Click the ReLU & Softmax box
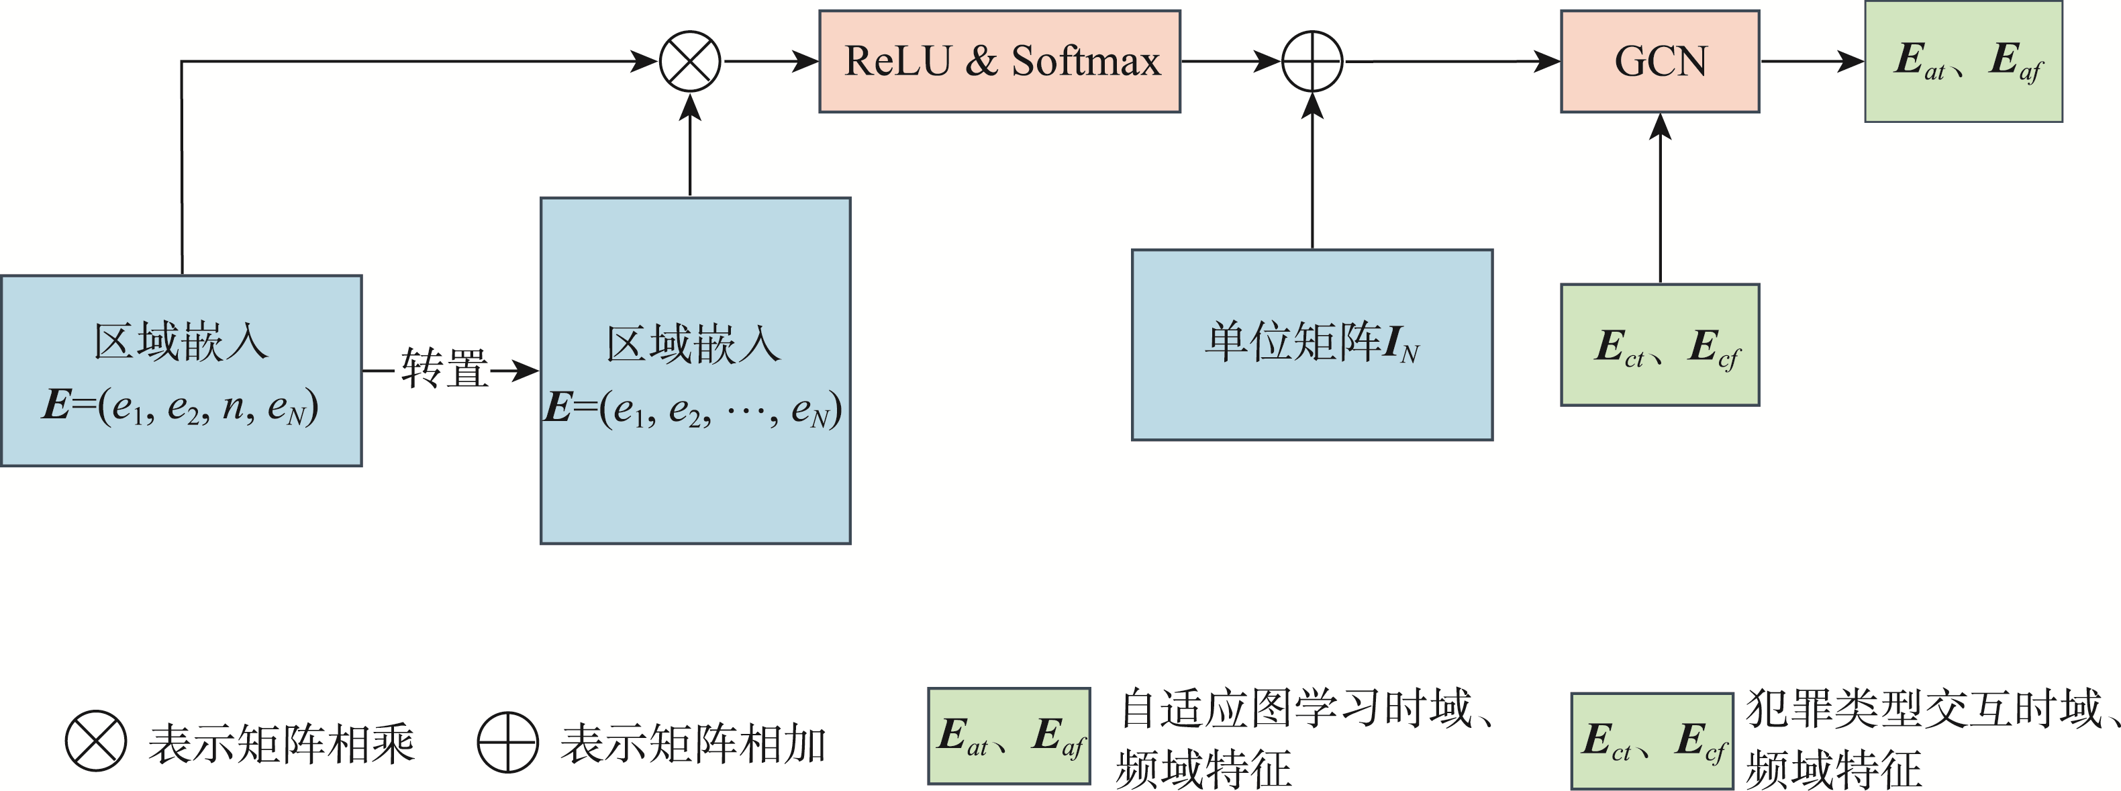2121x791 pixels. pos(999,62)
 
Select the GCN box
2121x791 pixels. pos(1660,62)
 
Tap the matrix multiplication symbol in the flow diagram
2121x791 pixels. pos(690,62)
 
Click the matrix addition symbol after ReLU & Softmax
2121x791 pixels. pos(1312,62)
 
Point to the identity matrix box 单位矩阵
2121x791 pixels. pos(1312,344)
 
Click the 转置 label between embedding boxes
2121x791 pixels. pos(444,369)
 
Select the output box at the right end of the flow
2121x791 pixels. pos(1964,62)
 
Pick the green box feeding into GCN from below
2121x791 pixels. pos(1660,344)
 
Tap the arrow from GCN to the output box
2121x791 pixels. pos(1812,62)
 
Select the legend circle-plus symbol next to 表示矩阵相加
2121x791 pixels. pos(508,741)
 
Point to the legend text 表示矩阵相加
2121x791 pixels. pos(693,744)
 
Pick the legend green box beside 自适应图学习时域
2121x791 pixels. pos(1009,736)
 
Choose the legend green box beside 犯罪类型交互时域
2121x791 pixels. pos(1652,741)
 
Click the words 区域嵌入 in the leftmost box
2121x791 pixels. pos(181,341)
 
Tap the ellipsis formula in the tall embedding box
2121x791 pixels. pos(693,410)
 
